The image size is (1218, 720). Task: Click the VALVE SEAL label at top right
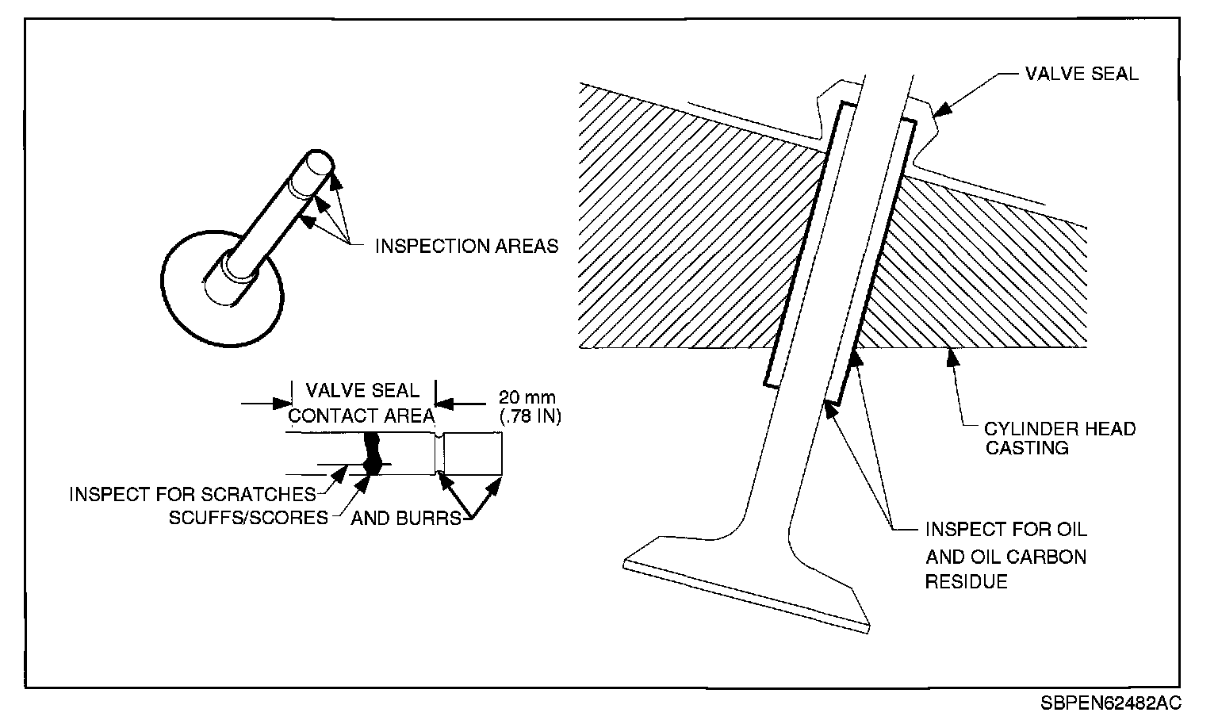point(1081,75)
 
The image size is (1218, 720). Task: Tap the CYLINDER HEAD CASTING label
point(1059,439)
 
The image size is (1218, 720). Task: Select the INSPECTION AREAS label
point(466,246)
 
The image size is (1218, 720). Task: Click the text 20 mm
point(527,396)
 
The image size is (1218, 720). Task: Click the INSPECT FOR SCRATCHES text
point(193,494)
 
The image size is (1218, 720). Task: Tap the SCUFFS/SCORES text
point(248,518)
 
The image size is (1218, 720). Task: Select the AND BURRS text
point(405,519)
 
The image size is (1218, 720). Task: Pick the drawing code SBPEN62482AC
point(1112,703)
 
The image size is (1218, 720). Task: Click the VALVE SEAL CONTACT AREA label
point(362,403)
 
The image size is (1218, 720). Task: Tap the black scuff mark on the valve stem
point(371,454)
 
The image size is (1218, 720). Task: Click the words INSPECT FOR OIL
point(1006,529)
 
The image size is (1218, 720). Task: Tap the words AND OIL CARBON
point(1005,556)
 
